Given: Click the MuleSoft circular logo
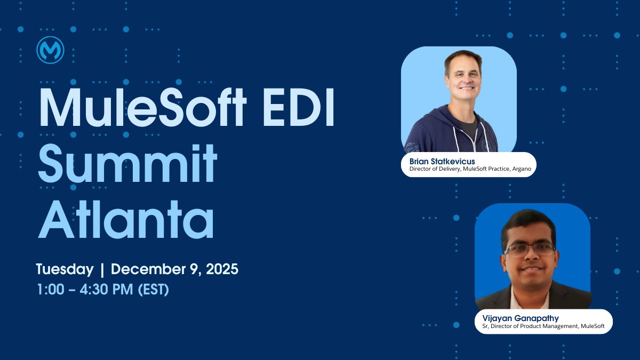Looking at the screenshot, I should [51, 51].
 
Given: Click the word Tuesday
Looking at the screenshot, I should [65, 269].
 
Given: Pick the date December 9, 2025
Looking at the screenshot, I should [174, 269].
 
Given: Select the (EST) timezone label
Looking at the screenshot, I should [153, 290].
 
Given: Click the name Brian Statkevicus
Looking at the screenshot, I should [442, 161].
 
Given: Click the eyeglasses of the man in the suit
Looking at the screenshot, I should [529, 249].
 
